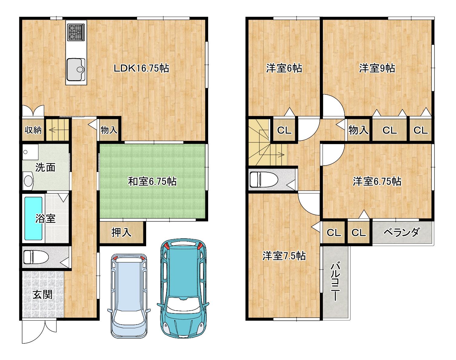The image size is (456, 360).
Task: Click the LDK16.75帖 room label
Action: point(141,68)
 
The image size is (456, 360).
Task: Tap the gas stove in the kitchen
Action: point(76,32)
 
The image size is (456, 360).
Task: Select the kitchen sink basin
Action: point(76,69)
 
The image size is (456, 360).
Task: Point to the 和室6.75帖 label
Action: point(152,181)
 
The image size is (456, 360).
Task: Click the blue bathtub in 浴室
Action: point(34,218)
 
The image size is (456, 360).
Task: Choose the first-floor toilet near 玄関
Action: point(36,257)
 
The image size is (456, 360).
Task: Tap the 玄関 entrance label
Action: point(42,295)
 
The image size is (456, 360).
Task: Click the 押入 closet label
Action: point(121,233)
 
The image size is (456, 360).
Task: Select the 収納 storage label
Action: point(33,130)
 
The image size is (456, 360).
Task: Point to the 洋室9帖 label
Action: point(377,68)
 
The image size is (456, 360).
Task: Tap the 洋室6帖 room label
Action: point(284,68)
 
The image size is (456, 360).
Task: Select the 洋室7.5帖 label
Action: point(284,256)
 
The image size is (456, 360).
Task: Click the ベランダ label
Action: point(402,232)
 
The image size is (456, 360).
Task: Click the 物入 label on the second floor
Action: point(358,130)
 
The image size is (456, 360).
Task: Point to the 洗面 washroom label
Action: point(45,167)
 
